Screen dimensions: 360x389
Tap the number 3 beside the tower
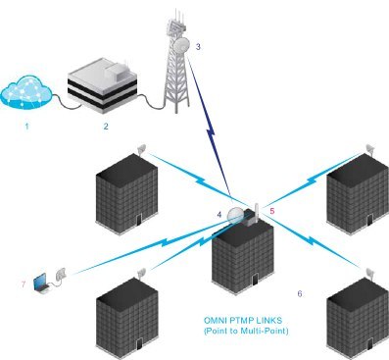199,46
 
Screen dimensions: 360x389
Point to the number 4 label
219,213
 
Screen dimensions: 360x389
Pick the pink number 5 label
272,210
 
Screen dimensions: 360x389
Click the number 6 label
300,293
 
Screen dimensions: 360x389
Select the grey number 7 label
23,284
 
